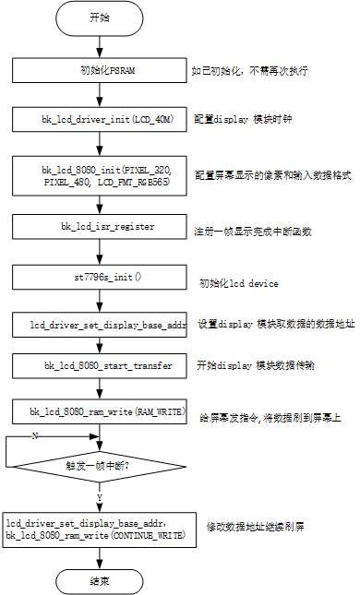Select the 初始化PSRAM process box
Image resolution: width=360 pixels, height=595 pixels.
[99, 70]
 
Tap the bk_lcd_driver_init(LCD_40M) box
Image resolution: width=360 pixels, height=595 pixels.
[99, 120]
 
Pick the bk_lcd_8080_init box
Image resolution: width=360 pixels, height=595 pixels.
[99, 174]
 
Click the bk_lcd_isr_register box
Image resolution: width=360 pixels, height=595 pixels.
[99, 227]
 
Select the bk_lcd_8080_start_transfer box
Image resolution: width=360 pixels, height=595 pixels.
[99, 366]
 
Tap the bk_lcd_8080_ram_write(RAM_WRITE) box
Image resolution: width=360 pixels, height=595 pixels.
[99, 411]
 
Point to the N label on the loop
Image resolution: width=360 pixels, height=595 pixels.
[35, 435]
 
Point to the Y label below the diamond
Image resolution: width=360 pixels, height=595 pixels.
[99, 497]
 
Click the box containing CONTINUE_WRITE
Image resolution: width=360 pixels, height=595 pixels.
[99, 530]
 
